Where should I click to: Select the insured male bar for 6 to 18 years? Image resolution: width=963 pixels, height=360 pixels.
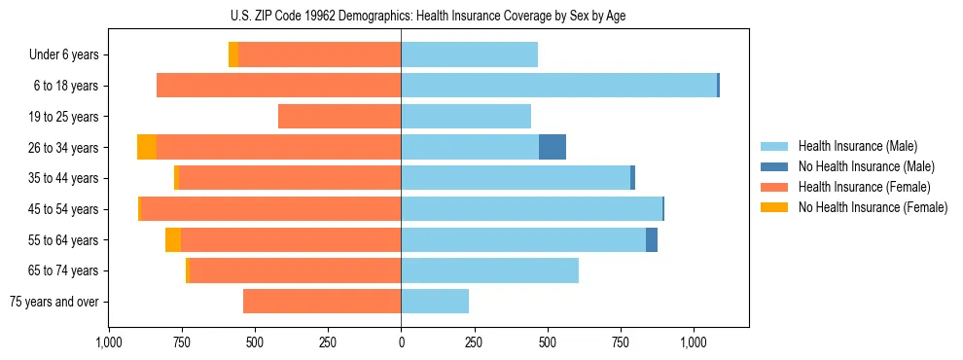[558, 86]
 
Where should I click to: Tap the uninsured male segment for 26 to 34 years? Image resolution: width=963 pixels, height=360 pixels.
[553, 147]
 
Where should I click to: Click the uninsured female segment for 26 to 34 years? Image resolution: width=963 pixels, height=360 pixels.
[147, 147]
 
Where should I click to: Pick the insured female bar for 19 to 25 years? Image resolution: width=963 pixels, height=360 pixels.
[339, 117]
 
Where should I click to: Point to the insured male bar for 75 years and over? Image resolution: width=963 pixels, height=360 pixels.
[435, 302]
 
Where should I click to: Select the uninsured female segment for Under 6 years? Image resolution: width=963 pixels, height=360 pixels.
[233, 55]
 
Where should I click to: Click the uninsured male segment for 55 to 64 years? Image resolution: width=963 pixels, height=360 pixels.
[652, 240]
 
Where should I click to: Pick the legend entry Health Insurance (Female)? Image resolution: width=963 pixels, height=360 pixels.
[864, 187]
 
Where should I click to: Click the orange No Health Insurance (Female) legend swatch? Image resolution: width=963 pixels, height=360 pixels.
[774, 207]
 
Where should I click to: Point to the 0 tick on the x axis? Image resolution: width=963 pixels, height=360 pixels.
[401, 342]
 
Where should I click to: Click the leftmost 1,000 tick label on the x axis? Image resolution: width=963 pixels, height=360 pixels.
[108, 342]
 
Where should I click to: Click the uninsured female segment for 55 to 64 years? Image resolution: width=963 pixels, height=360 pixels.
[173, 240]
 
